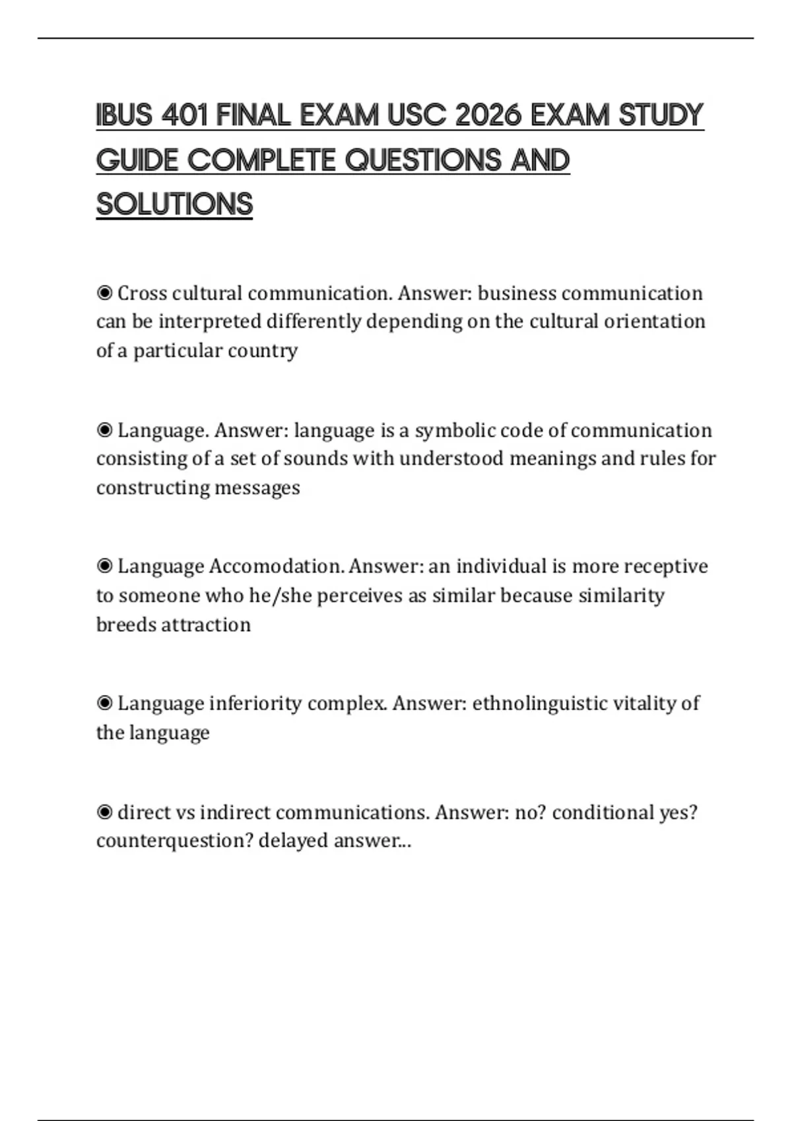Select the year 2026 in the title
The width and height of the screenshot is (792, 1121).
pos(487,115)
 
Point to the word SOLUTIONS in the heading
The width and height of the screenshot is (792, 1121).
pos(174,204)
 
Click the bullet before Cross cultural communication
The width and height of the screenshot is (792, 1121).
pos(104,293)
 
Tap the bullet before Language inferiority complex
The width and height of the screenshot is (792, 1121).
pos(104,704)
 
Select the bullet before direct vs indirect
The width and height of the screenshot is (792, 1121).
pos(104,812)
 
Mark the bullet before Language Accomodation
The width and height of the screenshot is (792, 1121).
pos(104,566)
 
